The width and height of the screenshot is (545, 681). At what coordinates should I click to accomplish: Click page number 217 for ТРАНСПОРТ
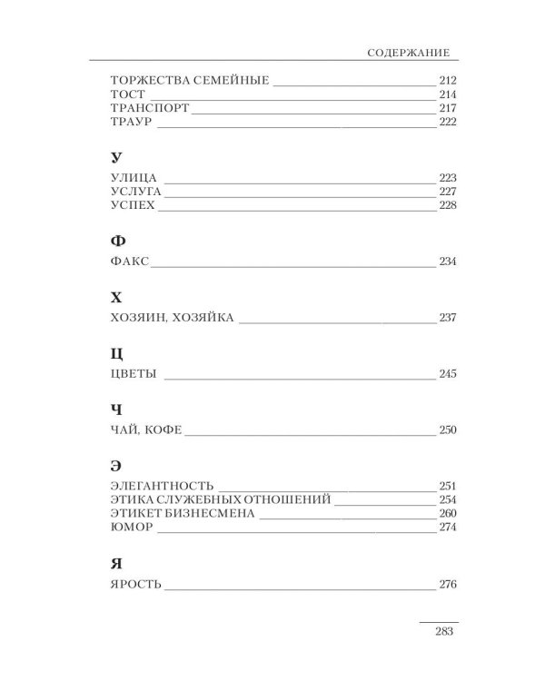coord(445,109)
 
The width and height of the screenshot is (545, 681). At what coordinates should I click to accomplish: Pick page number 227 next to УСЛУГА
coord(445,192)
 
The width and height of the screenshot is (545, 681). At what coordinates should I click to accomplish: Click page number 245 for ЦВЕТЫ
coord(445,375)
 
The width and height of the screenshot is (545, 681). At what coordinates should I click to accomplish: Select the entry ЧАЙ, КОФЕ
coord(139,430)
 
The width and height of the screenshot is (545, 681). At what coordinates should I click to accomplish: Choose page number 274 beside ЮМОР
coord(445,527)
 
